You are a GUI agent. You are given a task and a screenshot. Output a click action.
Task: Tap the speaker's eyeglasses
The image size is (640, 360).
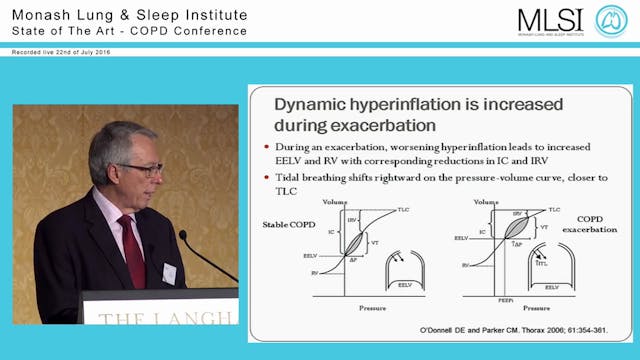(139, 169)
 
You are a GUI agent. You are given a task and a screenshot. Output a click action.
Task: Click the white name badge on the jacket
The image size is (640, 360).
(169, 272)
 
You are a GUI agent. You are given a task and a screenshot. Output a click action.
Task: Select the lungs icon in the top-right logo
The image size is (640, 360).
(611, 20)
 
